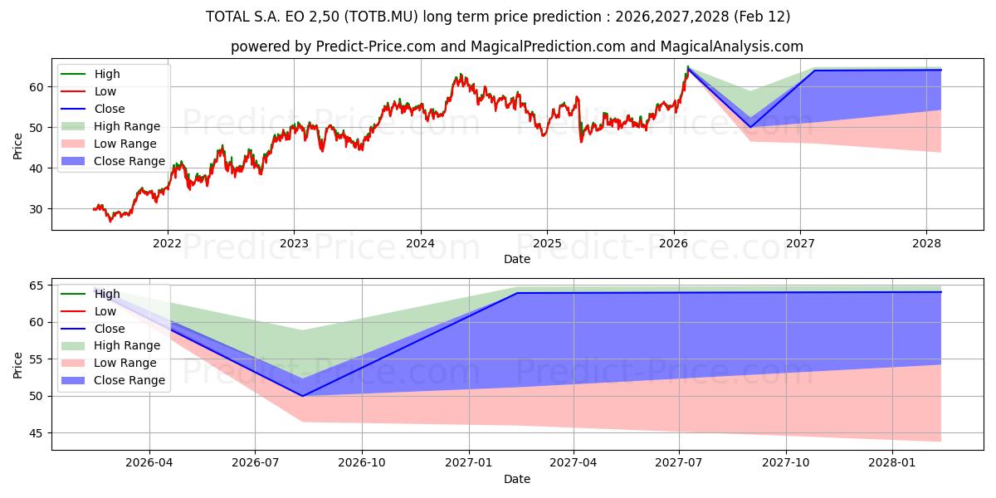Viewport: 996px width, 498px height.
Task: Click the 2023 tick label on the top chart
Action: tap(294, 243)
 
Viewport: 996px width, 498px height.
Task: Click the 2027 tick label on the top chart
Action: tap(800, 243)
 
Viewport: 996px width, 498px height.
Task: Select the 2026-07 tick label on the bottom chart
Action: tap(256, 462)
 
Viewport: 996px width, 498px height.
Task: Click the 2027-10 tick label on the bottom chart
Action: tap(786, 462)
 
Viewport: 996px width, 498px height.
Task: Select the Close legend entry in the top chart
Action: tap(110, 109)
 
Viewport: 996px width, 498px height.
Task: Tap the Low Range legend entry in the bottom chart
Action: tap(125, 363)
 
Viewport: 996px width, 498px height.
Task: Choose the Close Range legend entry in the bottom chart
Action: tap(129, 380)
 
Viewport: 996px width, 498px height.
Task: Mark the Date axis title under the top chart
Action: tap(516, 259)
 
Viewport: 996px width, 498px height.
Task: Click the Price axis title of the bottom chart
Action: tap(18, 364)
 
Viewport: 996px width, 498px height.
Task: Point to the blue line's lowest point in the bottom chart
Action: tap(302, 396)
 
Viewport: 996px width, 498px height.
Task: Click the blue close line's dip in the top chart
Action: tap(750, 127)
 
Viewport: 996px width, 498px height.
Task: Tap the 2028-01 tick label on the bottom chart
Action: tap(892, 462)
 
